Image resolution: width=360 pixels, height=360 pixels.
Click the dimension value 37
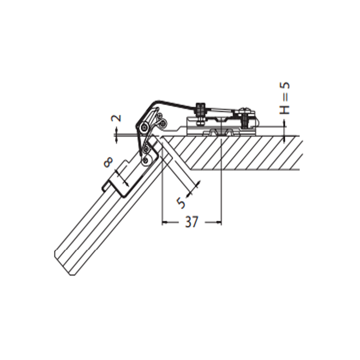click(191, 222)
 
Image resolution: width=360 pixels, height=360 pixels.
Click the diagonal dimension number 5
click(181, 203)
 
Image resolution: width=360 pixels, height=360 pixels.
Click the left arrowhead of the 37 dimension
click(164, 222)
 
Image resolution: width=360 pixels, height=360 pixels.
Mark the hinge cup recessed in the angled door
click(128, 179)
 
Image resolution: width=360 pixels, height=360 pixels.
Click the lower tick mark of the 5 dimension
click(197, 184)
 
